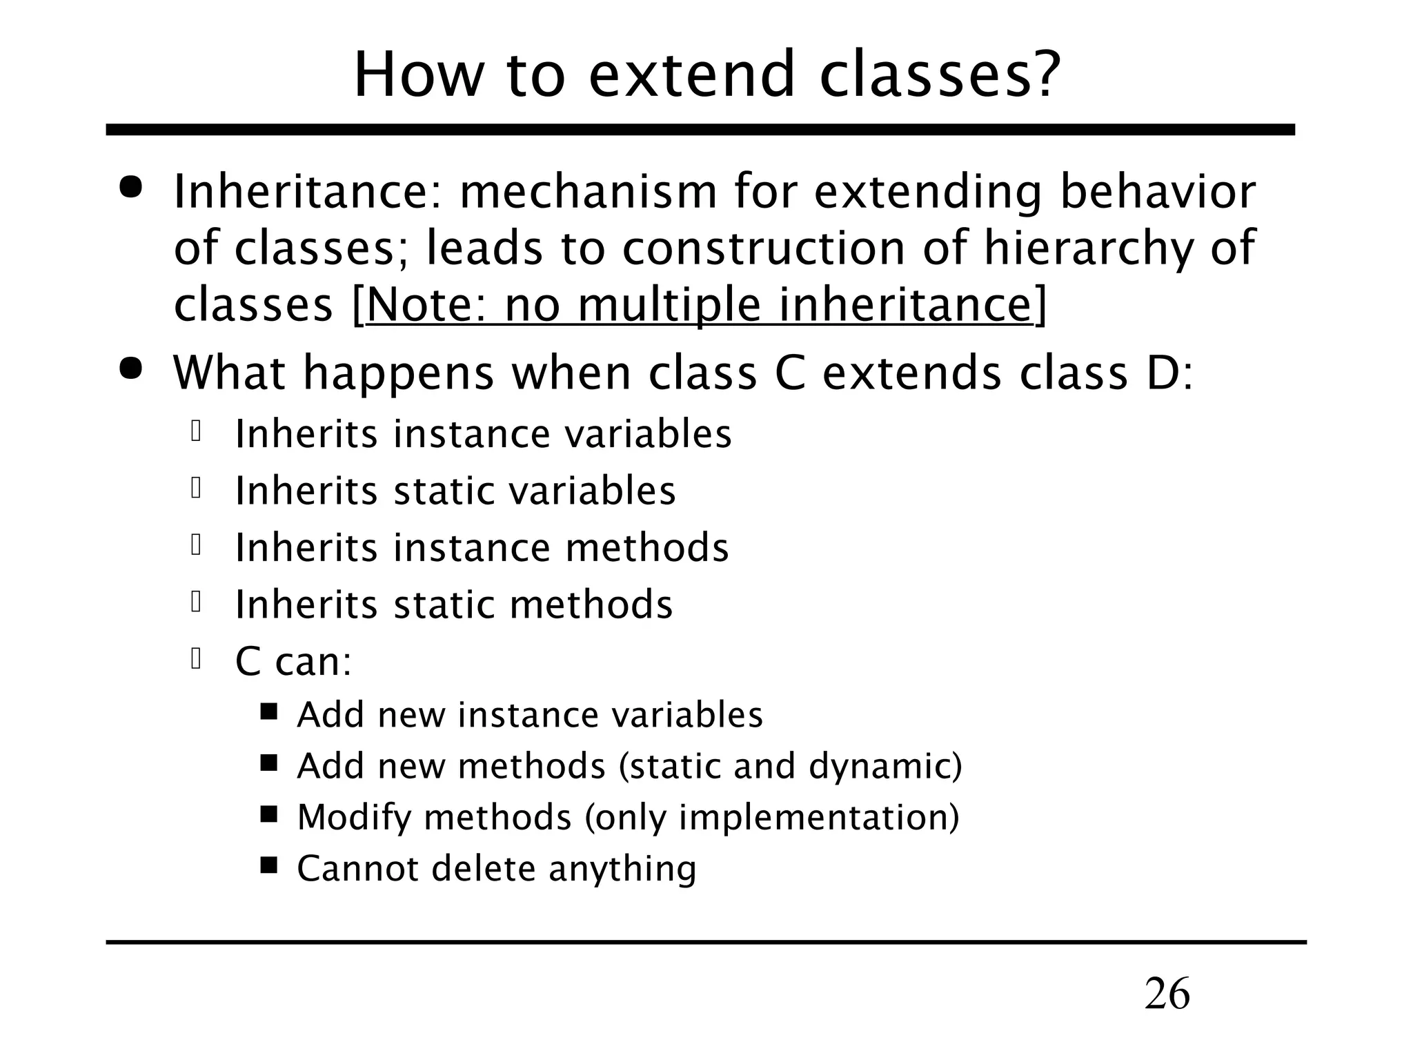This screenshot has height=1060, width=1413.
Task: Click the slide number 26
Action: [x=1167, y=994]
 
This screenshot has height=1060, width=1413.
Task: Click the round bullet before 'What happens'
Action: [x=130, y=369]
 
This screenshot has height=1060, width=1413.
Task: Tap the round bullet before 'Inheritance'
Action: [x=130, y=188]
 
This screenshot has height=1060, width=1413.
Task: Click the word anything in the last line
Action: [x=622, y=869]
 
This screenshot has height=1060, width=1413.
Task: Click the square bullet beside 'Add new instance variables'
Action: [x=269, y=711]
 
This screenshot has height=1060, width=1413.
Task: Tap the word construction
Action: [x=764, y=248]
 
